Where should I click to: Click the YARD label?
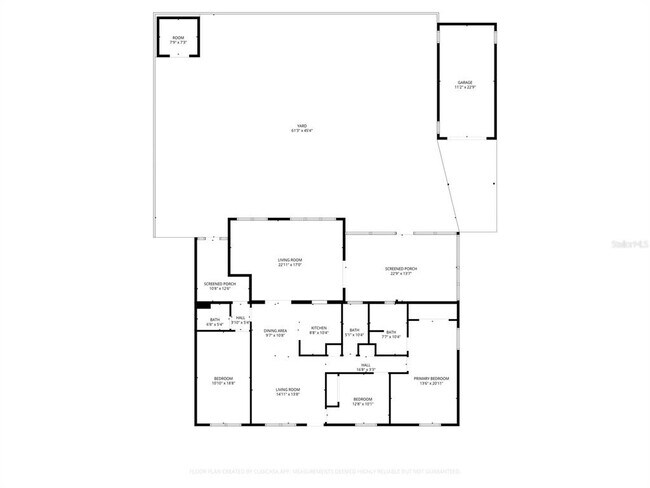pyautogui.click(x=300, y=125)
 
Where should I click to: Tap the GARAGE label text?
pyautogui.click(x=465, y=82)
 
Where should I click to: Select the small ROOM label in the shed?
pyautogui.click(x=177, y=38)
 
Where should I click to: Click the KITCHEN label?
pyautogui.click(x=319, y=329)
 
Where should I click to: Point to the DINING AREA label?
pyautogui.click(x=276, y=330)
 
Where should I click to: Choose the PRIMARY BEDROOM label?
pyautogui.click(x=431, y=378)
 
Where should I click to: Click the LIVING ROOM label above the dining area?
pyautogui.click(x=290, y=260)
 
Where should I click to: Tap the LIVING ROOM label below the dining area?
pyautogui.click(x=289, y=389)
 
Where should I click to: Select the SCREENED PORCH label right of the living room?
pyautogui.click(x=402, y=268)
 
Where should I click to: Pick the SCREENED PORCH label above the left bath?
pyautogui.click(x=220, y=284)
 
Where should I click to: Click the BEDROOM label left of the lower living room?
pyautogui.click(x=223, y=378)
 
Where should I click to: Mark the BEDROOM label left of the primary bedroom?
pyautogui.click(x=362, y=400)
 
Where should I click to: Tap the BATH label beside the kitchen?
pyautogui.click(x=355, y=330)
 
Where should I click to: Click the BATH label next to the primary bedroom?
pyautogui.click(x=391, y=332)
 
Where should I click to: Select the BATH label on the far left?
pyautogui.click(x=215, y=320)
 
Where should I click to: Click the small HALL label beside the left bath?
pyautogui.click(x=240, y=318)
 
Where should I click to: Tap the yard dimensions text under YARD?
pyautogui.click(x=300, y=130)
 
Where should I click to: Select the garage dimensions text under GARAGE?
pyautogui.click(x=465, y=87)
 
